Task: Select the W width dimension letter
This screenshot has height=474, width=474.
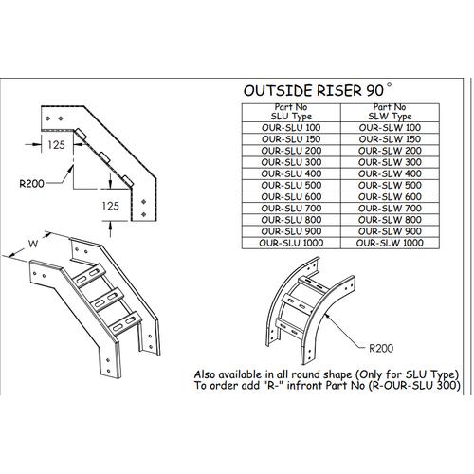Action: pos(33,244)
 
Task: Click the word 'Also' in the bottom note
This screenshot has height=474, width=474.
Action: pos(208,373)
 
